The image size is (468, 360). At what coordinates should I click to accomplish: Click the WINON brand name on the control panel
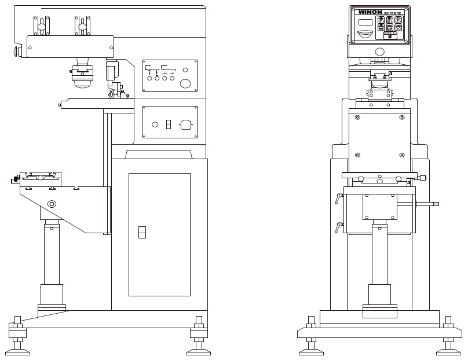pos(369,11)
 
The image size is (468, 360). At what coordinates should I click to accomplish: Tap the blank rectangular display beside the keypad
pos(365,22)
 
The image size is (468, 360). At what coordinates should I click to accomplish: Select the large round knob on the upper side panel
pos(185,83)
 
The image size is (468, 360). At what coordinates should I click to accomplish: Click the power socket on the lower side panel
pos(186,123)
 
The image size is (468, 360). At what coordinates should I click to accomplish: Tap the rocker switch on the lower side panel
pos(168,124)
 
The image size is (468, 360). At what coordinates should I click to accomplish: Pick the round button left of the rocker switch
pos(155,124)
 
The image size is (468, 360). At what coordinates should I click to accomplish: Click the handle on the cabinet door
pos(141,232)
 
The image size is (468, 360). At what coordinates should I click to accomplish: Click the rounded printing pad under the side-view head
pos(82,80)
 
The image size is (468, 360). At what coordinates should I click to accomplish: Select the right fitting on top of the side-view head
pos(82,24)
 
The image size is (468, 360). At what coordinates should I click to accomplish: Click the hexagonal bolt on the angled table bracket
pos(53,204)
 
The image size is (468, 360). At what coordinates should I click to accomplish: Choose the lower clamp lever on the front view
pos(337,227)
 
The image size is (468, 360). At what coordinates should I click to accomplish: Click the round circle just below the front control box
pos(379,60)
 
